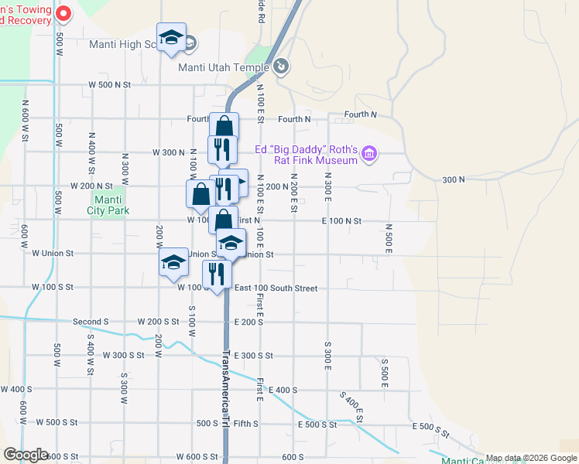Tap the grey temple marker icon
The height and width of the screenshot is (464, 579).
(281, 67)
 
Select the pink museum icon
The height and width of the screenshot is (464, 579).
(369, 155)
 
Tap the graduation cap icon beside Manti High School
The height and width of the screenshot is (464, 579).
(171, 38)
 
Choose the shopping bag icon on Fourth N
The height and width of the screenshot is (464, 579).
(224, 127)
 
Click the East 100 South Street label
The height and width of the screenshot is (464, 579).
(276, 288)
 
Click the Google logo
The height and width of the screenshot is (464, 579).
(26, 455)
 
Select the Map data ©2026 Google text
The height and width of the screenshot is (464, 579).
(530, 458)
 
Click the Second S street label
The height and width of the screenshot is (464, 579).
(91, 322)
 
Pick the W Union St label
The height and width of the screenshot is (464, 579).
(52, 253)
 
